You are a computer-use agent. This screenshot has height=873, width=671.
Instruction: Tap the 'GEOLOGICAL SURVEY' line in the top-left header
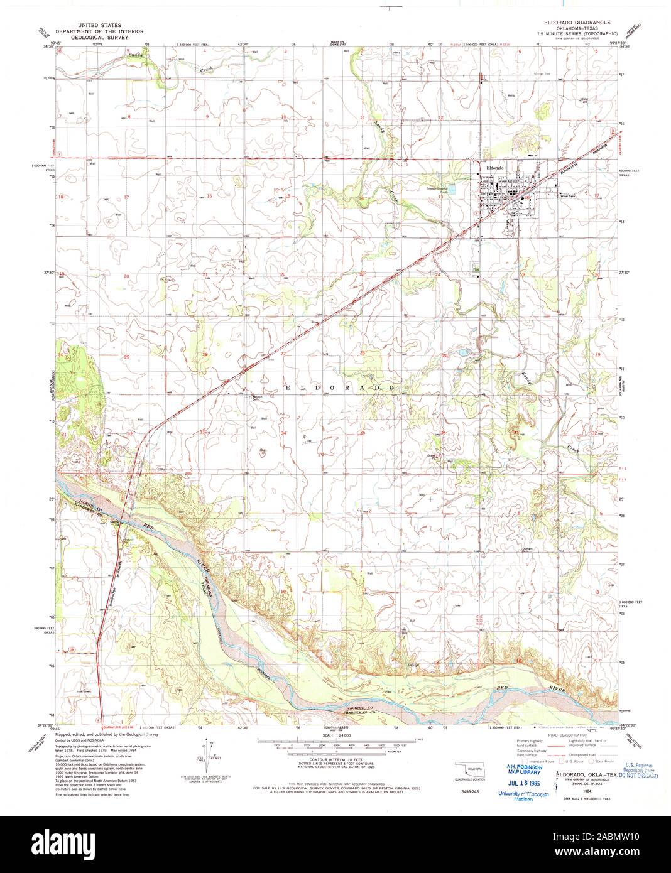[x=100, y=37]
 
